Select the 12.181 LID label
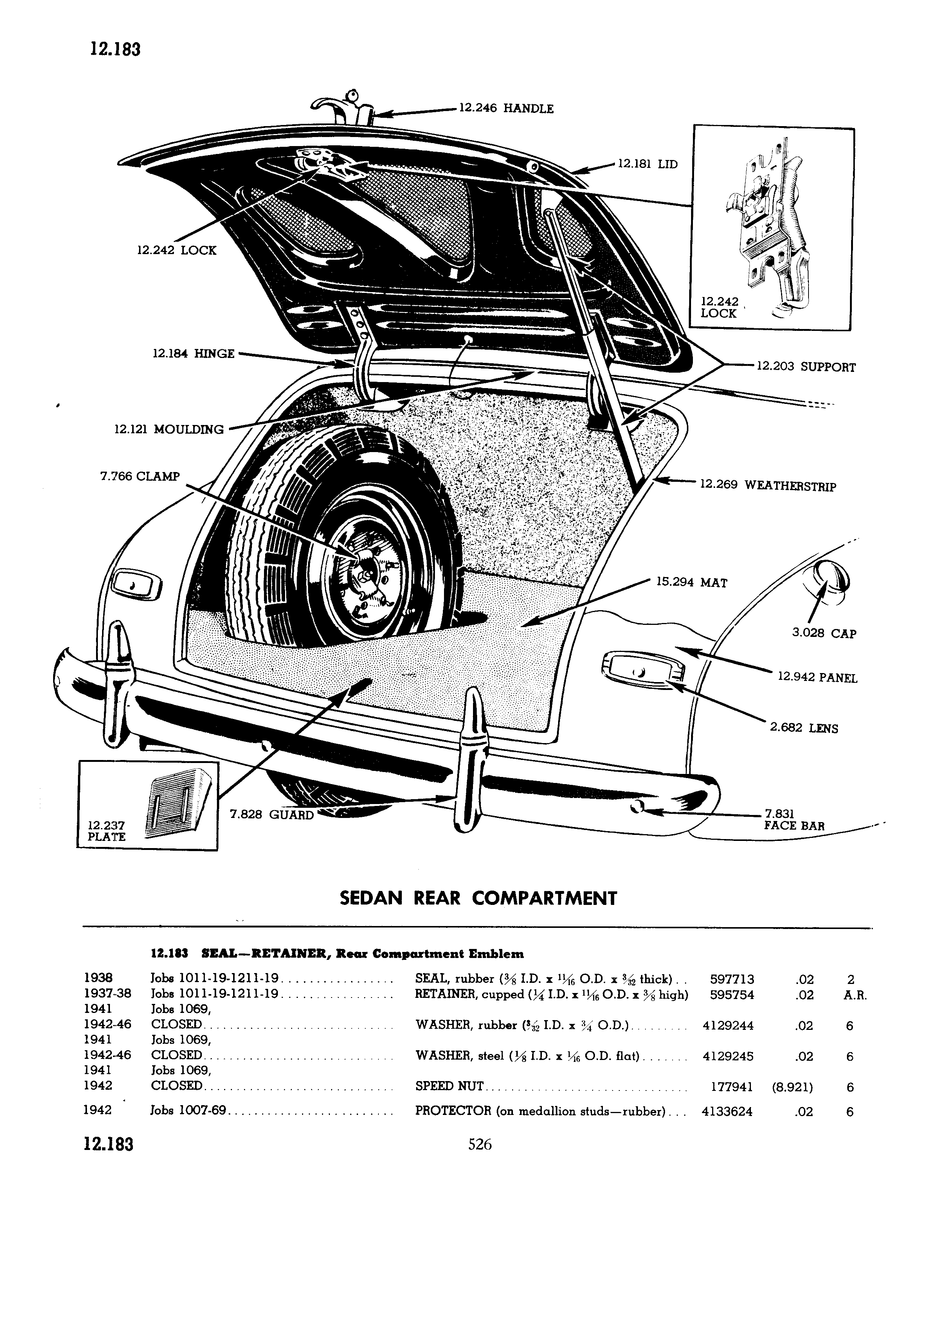[647, 164]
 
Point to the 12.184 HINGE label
[194, 353]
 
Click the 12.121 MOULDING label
[169, 429]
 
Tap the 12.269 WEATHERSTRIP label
[768, 486]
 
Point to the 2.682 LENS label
[804, 728]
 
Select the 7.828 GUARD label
[272, 815]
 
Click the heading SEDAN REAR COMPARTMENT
[478, 898]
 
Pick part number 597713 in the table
[732, 979]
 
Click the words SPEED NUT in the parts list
[449, 1086]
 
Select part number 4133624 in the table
[727, 1111]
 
